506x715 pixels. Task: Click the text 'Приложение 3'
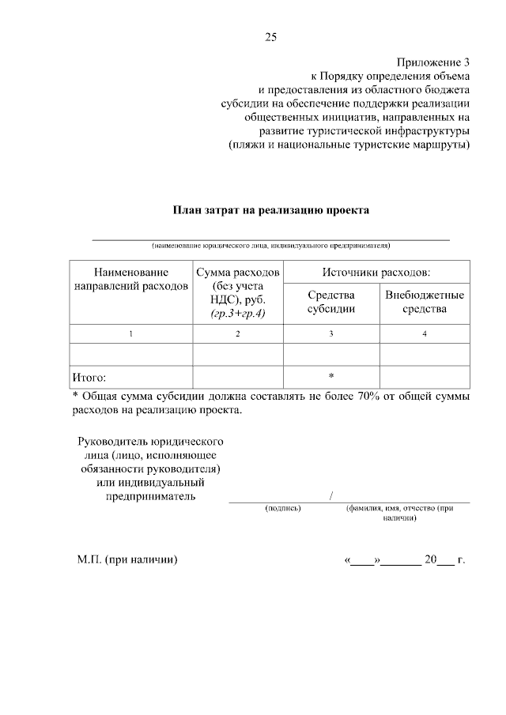[433, 62]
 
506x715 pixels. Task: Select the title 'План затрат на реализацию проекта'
[271, 210]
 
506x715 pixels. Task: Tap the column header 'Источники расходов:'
[376, 272]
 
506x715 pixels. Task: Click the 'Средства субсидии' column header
[331, 302]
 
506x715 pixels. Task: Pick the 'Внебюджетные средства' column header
[425, 302]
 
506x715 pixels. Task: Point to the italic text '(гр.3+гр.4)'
[238, 314]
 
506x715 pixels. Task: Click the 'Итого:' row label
[89, 378]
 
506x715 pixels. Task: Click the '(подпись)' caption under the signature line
[283, 510]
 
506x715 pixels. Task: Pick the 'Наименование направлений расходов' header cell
[130, 279]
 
